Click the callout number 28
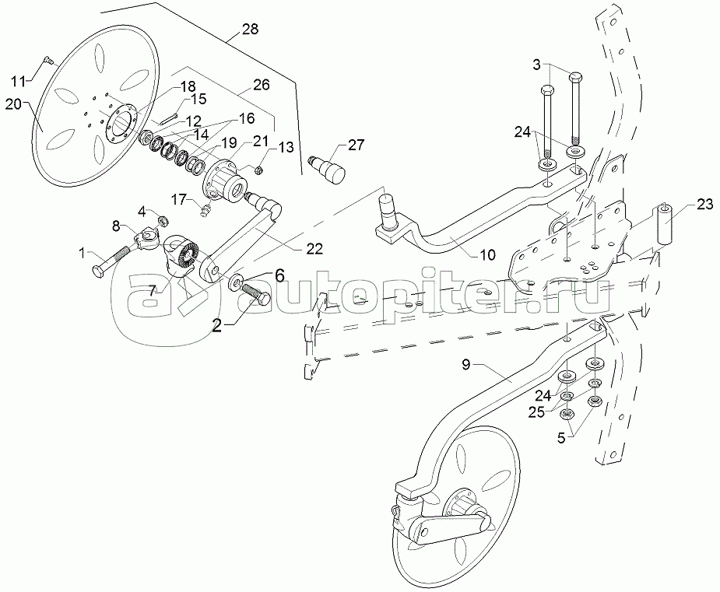tap(250, 30)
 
